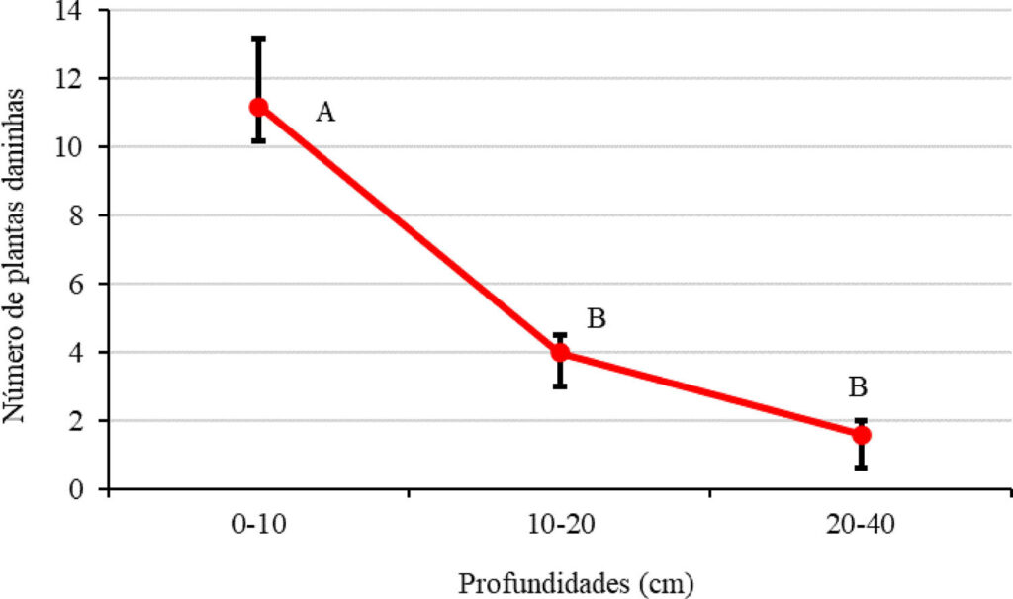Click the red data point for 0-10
tap(258, 107)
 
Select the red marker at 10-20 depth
tap(560, 352)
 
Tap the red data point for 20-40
tap(861, 434)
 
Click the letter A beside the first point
tap(324, 113)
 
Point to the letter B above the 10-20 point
tap(596, 319)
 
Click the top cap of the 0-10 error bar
tap(258, 39)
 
